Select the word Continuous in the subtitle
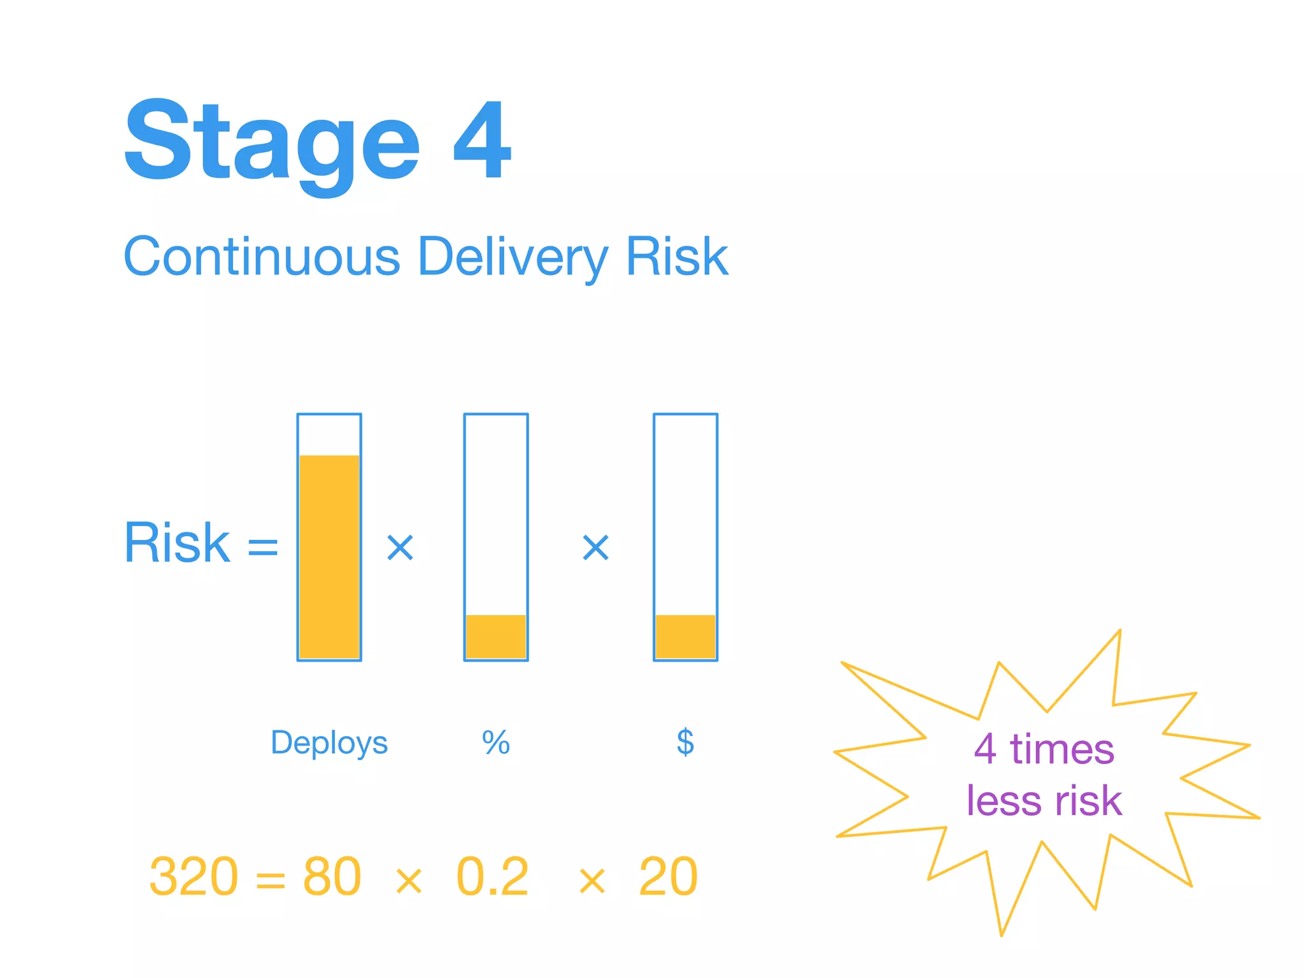point(262,257)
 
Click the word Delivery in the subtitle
point(513,257)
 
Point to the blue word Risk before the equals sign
point(177,543)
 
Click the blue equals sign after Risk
point(263,547)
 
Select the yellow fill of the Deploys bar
point(329,557)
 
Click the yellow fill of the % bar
point(496,636)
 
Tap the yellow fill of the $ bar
point(685,636)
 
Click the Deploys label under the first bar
point(329,742)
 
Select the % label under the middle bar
point(496,742)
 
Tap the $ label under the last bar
point(685,742)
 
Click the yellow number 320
point(194,877)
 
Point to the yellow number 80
point(332,877)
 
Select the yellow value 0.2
point(493,877)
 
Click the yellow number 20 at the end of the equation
point(668,877)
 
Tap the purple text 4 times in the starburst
point(1044,749)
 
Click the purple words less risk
point(1044,800)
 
